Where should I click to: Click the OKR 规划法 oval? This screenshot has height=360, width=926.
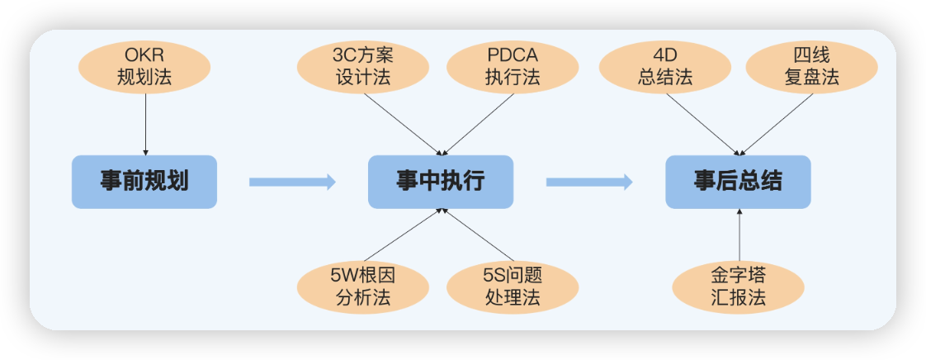tap(145, 68)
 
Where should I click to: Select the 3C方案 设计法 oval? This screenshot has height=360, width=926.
tap(363, 68)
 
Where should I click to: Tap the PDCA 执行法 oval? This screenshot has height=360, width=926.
tap(513, 68)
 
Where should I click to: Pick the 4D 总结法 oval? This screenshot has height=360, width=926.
tap(665, 68)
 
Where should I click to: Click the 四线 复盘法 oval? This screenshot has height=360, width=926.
tap(811, 68)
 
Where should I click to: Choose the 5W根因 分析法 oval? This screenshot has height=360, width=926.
tap(363, 286)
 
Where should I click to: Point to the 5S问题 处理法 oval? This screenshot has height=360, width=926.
tap(513, 286)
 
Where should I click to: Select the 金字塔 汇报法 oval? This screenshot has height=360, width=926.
tap(738, 286)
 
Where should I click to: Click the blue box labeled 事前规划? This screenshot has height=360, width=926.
tap(144, 182)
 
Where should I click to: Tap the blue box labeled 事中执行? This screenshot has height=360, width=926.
tap(441, 182)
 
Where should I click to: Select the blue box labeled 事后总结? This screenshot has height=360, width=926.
tap(738, 182)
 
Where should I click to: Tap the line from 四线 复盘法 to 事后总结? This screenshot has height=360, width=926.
tap(776, 124)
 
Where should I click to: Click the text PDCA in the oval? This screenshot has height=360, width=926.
tap(513, 57)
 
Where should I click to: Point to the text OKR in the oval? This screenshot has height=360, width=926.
tap(145, 57)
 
